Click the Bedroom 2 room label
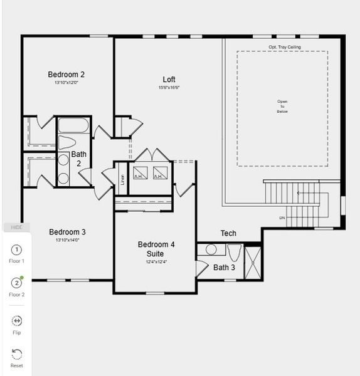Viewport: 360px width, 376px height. tap(66, 75)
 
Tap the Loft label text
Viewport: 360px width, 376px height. tap(169, 80)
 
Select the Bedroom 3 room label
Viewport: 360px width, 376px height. tap(67, 232)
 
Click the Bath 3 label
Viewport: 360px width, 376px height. tap(225, 268)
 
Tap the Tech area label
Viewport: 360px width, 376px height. tap(228, 234)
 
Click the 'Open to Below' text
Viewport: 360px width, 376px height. tap(282, 107)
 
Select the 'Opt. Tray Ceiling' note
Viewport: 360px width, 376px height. tap(285, 47)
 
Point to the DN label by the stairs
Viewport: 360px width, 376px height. tap(282, 218)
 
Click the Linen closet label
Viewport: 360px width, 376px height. tap(122, 179)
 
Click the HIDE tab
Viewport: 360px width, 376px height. tap(17, 227)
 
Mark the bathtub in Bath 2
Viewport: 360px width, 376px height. tap(75, 125)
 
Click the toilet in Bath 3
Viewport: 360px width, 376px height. tap(235, 253)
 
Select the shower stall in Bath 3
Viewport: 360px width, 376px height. tap(253, 262)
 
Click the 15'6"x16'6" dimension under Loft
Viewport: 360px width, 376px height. tap(169, 88)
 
